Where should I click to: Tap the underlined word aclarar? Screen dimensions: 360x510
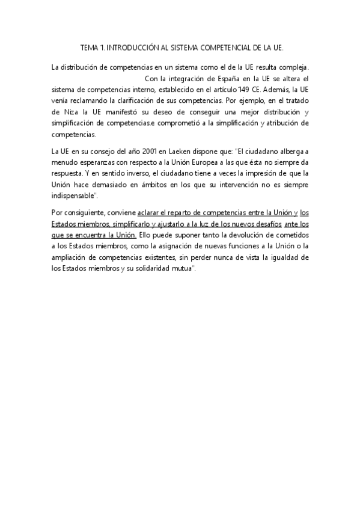149,212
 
